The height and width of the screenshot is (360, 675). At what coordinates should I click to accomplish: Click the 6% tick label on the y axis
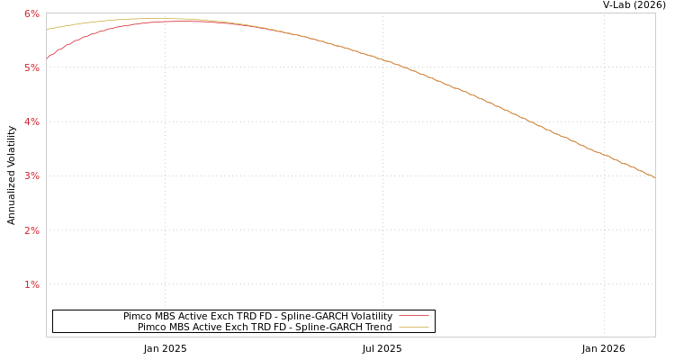tap(31, 13)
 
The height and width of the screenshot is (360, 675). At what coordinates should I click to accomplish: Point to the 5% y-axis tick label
tap(31, 67)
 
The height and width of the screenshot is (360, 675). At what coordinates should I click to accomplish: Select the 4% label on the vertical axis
tap(31, 121)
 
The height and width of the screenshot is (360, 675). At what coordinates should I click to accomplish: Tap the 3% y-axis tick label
tap(31, 175)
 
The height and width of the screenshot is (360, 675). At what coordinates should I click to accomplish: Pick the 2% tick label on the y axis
tap(31, 230)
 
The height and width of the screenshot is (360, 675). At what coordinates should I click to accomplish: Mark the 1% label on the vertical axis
tap(31, 284)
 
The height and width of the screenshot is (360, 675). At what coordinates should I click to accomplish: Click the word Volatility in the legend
tap(372, 317)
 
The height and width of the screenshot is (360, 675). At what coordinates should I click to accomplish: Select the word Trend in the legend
tap(377, 328)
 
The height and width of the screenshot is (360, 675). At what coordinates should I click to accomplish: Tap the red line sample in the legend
tap(413, 316)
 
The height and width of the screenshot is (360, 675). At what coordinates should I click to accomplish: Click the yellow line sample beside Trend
tap(413, 327)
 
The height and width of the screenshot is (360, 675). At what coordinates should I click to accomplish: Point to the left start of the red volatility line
tap(47, 58)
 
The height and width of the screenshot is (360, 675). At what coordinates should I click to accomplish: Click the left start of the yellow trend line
tap(47, 30)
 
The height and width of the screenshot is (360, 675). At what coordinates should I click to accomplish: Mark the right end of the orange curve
tap(654, 177)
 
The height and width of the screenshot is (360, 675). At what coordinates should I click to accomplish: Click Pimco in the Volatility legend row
tap(138, 317)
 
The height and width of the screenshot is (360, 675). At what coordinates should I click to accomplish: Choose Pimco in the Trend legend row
tap(152, 328)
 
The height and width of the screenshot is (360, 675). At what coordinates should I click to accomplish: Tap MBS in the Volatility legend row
tap(167, 317)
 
